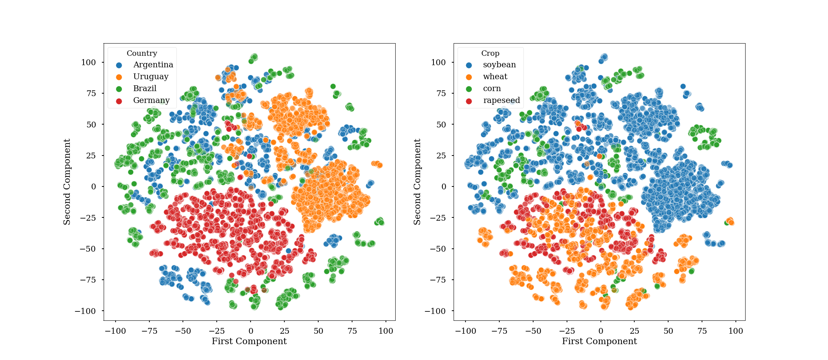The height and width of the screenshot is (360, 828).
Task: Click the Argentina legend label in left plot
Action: [153, 65]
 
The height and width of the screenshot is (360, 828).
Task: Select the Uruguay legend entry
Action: [150, 77]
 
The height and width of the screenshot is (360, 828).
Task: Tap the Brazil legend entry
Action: [145, 89]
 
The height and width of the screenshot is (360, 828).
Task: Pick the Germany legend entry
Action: [151, 100]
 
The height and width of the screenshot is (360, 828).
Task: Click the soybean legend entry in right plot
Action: [499, 65]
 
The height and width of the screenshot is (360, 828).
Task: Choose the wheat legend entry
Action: [495, 77]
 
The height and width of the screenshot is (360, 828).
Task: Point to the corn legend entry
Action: [492, 89]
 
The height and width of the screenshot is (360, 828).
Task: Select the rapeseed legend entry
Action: [501, 100]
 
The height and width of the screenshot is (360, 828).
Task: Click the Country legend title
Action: [142, 53]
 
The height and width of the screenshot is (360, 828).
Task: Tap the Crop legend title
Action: [490, 53]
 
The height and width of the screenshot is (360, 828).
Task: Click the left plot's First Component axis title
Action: [249, 341]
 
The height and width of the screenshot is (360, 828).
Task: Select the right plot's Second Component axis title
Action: [417, 182]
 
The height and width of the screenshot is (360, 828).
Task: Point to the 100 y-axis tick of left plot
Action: [88, 62]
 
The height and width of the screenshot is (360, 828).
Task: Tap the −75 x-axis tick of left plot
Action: [149, 331]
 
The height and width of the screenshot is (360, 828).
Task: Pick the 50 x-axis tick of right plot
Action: [668, 331]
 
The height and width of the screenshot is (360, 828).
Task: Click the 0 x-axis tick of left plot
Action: [251, 331]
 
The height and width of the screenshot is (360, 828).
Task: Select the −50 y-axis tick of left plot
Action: [87, 249]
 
